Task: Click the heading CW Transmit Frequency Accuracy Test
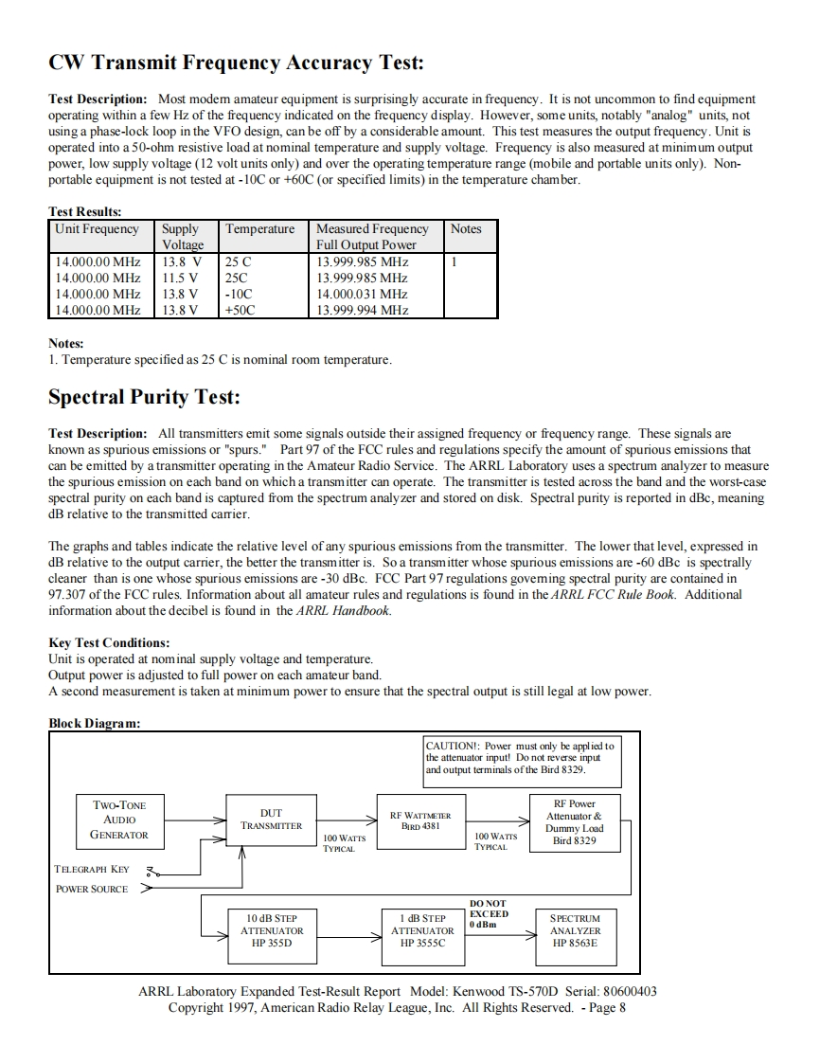point(236,63)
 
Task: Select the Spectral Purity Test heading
point(144,397)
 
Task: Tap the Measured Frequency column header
point(372,236)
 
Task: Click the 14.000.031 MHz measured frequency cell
point(362,294)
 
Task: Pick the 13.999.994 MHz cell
point(362,310)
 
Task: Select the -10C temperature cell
point(238,294)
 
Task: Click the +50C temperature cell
point(240,310)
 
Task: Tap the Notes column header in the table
point(466,229)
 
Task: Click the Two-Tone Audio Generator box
point(119,820)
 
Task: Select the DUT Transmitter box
point(271,820)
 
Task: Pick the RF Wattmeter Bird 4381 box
point(420,820)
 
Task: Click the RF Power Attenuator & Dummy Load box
point(575,821)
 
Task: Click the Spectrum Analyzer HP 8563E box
point(575,930)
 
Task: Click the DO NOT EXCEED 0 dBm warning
point(489,914)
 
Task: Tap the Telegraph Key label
point(92,869)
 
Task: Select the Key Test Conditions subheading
point(109,642)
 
